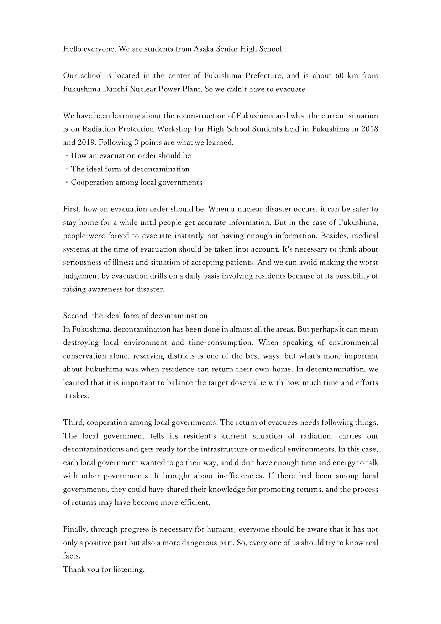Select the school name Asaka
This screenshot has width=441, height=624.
[204, 49]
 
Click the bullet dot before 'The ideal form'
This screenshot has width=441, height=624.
[67, 169]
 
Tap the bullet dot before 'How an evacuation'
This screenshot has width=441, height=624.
[67, 156]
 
